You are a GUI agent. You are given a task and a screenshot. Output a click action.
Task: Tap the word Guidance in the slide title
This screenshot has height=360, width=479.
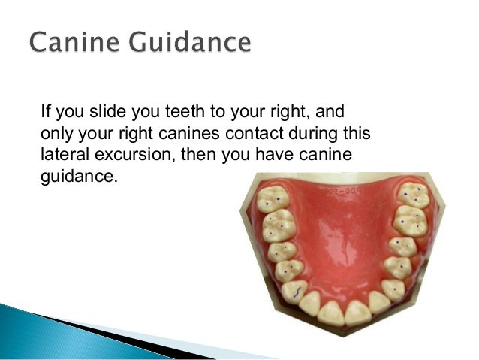(x=195, y=41)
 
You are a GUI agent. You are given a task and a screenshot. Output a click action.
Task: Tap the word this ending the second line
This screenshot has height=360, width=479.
(x=359, y=135)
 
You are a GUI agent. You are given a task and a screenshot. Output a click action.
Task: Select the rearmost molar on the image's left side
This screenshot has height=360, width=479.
(x=274, y=198)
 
